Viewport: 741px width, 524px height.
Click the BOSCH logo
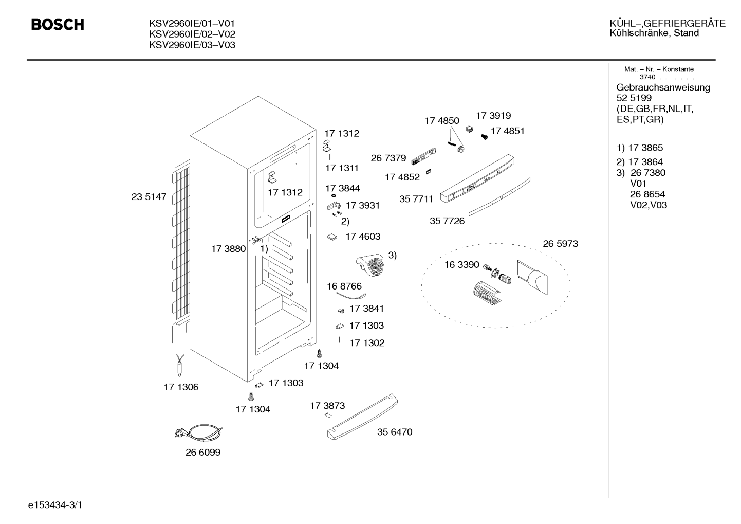(x=58, y=25)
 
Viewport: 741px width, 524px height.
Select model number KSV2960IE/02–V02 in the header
(x=192, y=34)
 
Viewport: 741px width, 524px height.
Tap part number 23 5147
(x=149, y=197)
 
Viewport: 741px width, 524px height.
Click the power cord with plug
(x=199, y=432)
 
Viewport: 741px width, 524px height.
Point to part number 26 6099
(x=203, y=452)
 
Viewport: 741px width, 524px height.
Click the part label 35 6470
(x=395, y=432)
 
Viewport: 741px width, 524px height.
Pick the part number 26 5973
(x=561, y=244)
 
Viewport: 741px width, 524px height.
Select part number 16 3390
(x=461, y=264)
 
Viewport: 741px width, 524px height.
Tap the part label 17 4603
(x=363, y=237)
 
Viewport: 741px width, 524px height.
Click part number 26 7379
(x=388, y=158)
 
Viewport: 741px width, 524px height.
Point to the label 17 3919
(x=493, y=116)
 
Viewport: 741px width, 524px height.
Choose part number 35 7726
(x=447, y=221)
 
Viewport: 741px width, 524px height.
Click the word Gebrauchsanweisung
(x=663, y=88)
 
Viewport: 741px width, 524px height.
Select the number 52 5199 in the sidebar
(x=634, y=98)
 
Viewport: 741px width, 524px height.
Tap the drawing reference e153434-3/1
(x=55, y=505)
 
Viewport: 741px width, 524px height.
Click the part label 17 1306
(x=181, y=387)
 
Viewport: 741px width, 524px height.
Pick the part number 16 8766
(x=344, y=286)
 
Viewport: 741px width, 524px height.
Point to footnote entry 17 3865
(x=645, y=148)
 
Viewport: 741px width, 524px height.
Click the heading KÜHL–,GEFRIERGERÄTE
(x=668, y=23)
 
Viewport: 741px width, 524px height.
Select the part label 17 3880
(x=228, y=249)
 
